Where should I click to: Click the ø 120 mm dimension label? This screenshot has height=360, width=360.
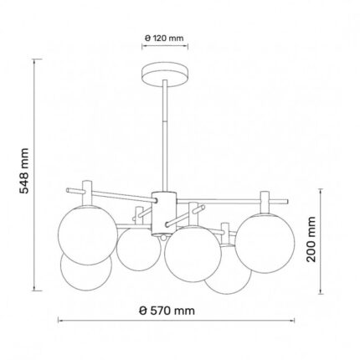click(x=164, y=38)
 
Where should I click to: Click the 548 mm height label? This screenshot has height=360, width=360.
click(x=23, y=171)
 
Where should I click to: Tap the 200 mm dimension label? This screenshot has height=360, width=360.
click(x=311, y=239)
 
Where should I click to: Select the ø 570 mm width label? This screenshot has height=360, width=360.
click(x=167, y=311)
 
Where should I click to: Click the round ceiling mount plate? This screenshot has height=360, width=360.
click(x=165, y=75)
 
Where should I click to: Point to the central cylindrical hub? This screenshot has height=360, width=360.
click(x=164, y=213)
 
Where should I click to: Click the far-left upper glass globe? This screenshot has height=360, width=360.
click(x=88, y=234)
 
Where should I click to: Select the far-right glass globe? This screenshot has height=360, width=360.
click(x=265, y=243)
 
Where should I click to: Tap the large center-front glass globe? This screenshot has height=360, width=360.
click(x=193, y=254)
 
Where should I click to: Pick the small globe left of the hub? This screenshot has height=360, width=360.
click(x=139, y=249)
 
